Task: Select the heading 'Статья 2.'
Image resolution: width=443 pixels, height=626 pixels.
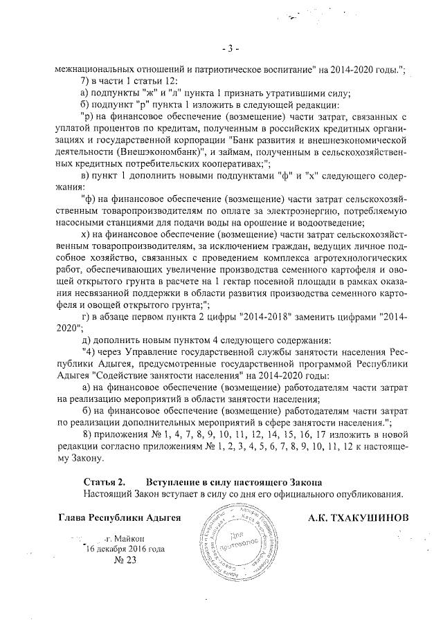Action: coord(103,481)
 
